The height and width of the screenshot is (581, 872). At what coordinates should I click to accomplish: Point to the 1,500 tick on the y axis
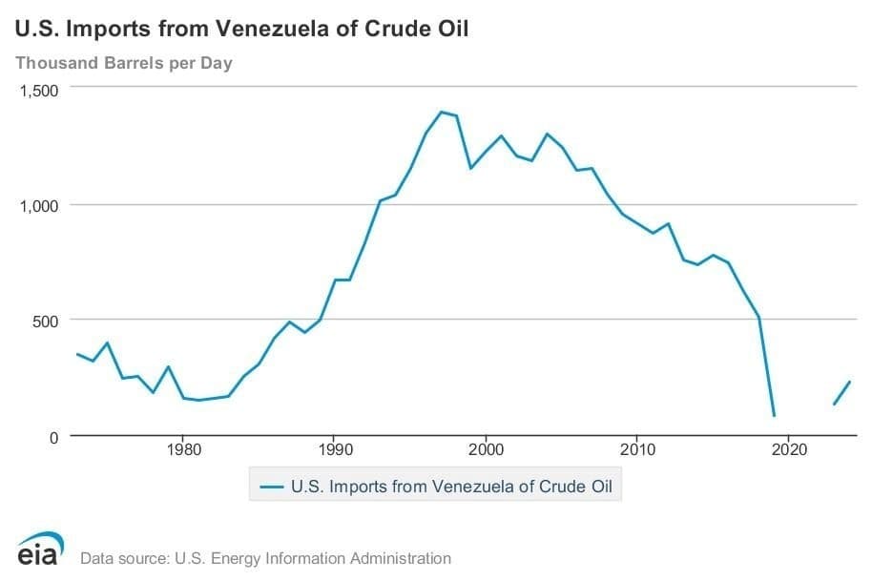(x=39, y=90)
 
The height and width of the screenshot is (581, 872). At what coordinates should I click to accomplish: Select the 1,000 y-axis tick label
(x=39, y=205)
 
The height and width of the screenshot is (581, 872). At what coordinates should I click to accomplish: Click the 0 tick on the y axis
(x=54, y=436)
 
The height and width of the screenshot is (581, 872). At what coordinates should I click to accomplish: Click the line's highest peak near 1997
(x=441, y=112)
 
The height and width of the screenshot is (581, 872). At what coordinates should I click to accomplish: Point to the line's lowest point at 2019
(x=774, y=416)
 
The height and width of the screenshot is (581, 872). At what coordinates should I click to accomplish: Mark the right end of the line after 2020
(x=849, y=382)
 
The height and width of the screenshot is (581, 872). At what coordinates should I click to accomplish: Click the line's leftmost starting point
(x=77, y=354)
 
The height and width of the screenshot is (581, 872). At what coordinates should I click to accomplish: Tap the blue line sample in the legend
(x=273, y=487)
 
